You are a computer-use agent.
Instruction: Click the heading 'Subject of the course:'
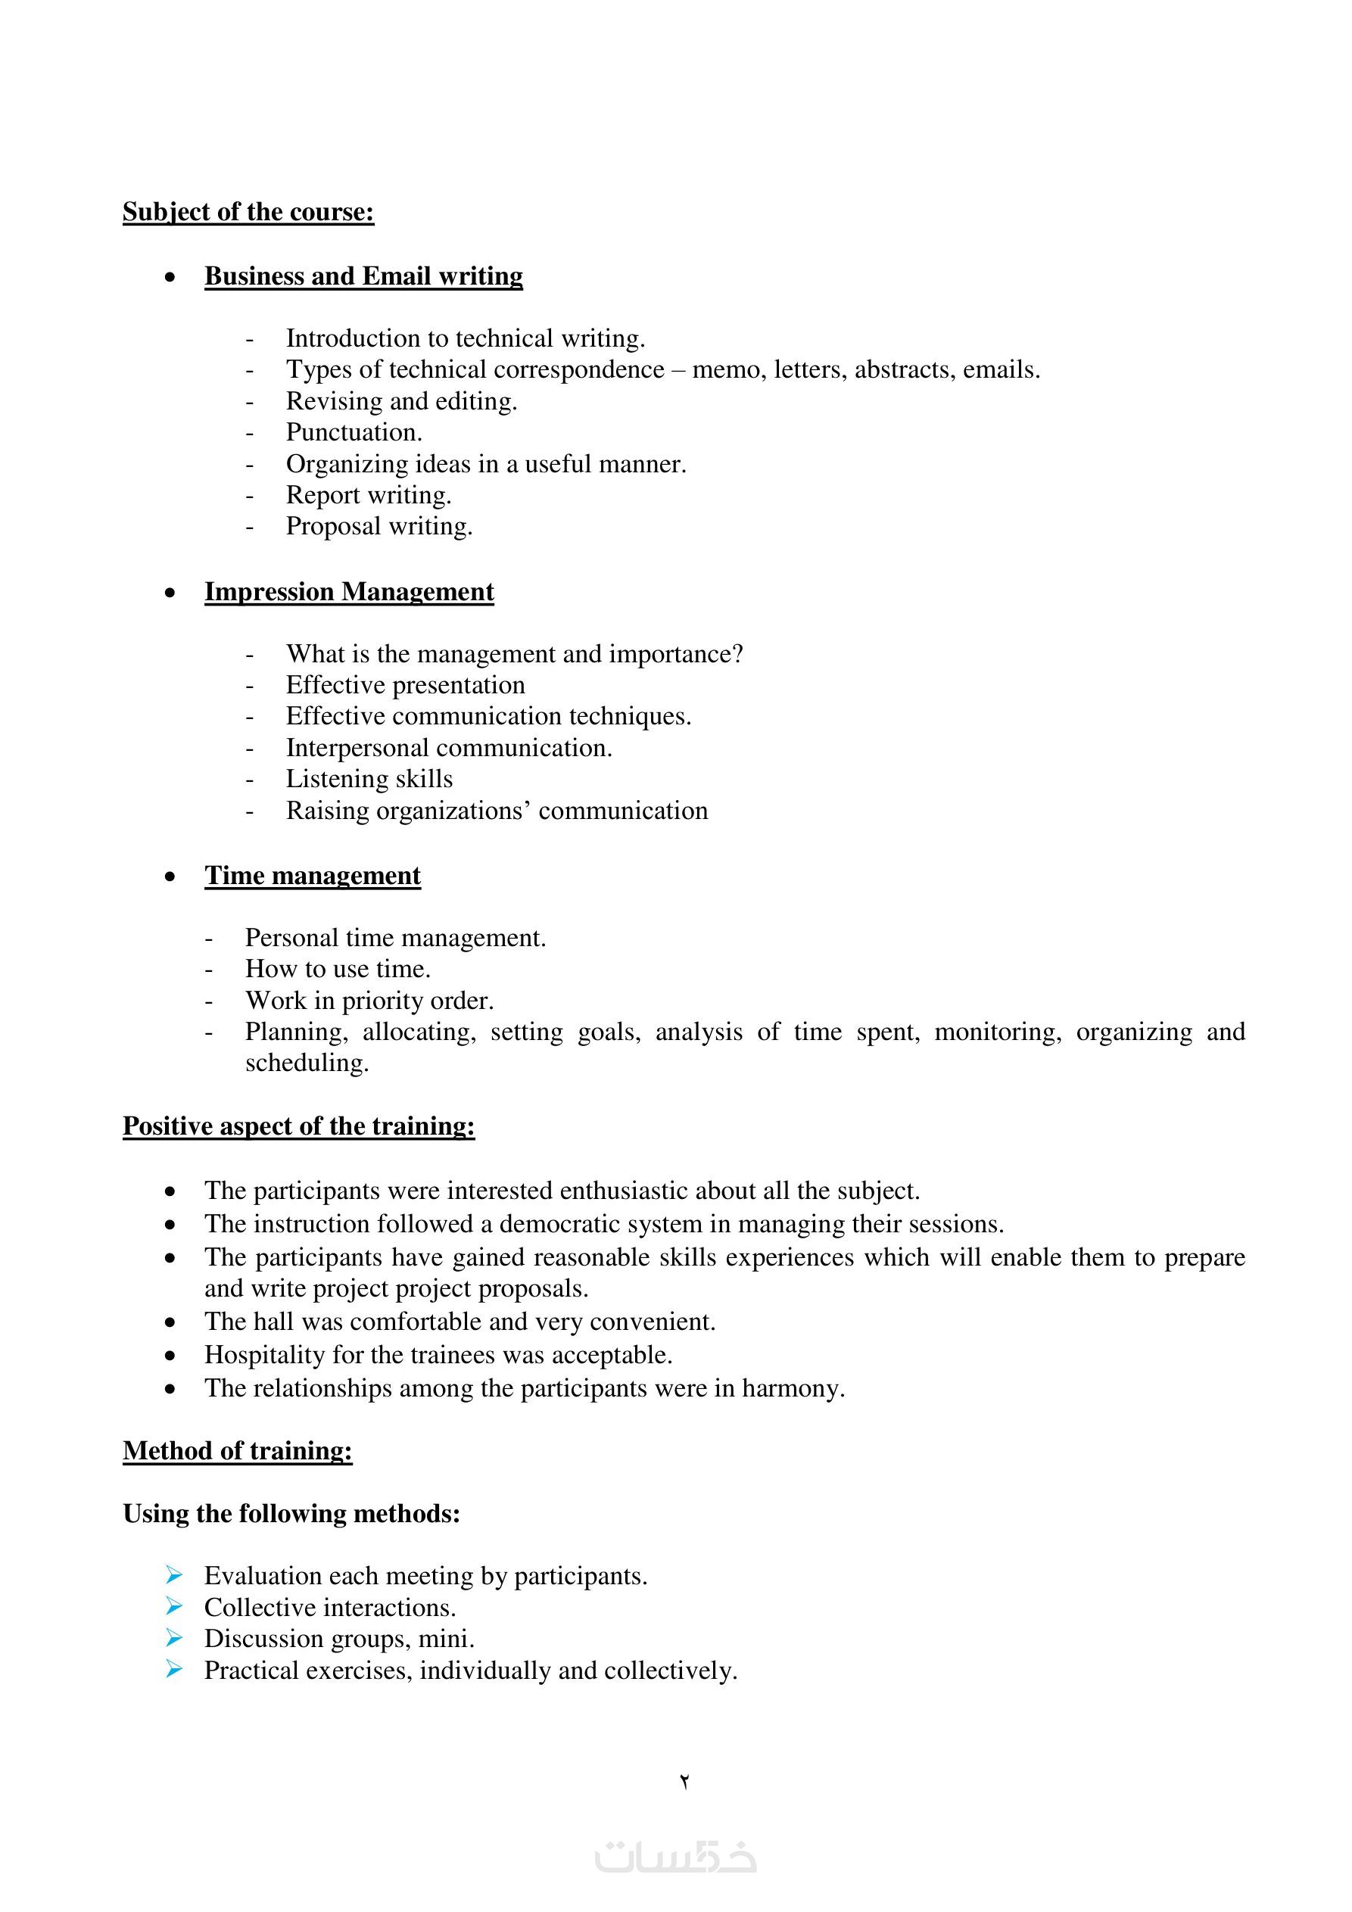pos(248,213)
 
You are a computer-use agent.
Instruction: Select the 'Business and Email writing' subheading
pos(363,276)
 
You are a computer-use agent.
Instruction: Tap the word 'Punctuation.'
pos(354,432)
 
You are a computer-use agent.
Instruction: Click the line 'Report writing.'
pos(368,495)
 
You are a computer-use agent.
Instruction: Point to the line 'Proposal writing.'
pos(379,526)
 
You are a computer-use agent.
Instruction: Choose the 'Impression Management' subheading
pos(349,592)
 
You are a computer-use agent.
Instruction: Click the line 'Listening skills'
pos(369,779)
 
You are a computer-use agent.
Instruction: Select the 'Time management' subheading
pos(313,876)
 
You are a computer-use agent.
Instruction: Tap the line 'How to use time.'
pos(338,970)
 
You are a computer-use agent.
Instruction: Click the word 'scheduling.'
pos(307,1063)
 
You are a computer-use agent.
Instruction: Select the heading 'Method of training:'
pos(238,1451)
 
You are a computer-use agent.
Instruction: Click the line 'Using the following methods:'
pos(291,1513)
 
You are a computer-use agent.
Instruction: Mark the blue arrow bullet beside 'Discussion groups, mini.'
pos(173,1637)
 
